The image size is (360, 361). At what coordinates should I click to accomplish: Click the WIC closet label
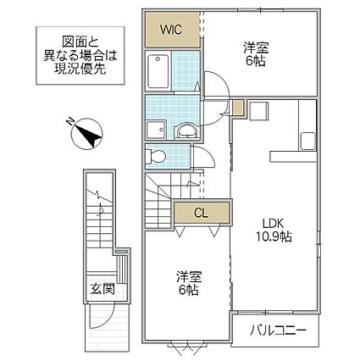(x=171, y=30)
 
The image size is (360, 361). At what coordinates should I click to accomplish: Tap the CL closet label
(x=201, y=214)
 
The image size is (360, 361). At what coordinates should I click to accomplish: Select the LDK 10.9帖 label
(x=274, y=230)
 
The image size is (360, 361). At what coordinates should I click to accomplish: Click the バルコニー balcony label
(x=278, y=330)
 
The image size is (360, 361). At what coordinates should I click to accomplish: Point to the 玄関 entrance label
(x=102, y=289)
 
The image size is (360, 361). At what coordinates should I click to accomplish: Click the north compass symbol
(x=86, y=134)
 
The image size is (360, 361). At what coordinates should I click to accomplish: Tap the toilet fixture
(x=155, y=156)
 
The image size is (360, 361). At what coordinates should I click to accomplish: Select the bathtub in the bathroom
(x=158, y=70)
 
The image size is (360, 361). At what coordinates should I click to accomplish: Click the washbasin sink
(x=186, y=131)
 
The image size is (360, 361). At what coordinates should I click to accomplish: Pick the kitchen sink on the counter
(x=307, y=142)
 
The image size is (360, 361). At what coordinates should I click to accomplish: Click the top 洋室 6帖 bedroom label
(x=256, y=54)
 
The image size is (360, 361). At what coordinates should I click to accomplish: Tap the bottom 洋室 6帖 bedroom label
(x=189, y=283)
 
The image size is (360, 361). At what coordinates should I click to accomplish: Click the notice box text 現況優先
(x=80, y=69)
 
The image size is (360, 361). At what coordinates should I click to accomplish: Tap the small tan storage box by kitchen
(x=238, y=108)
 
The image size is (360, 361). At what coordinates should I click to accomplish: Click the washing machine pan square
(x=156, y=130)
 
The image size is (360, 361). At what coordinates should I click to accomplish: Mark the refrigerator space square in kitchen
(x=258, y=110)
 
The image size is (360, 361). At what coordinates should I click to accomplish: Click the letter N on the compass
(x=69, y=121)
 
